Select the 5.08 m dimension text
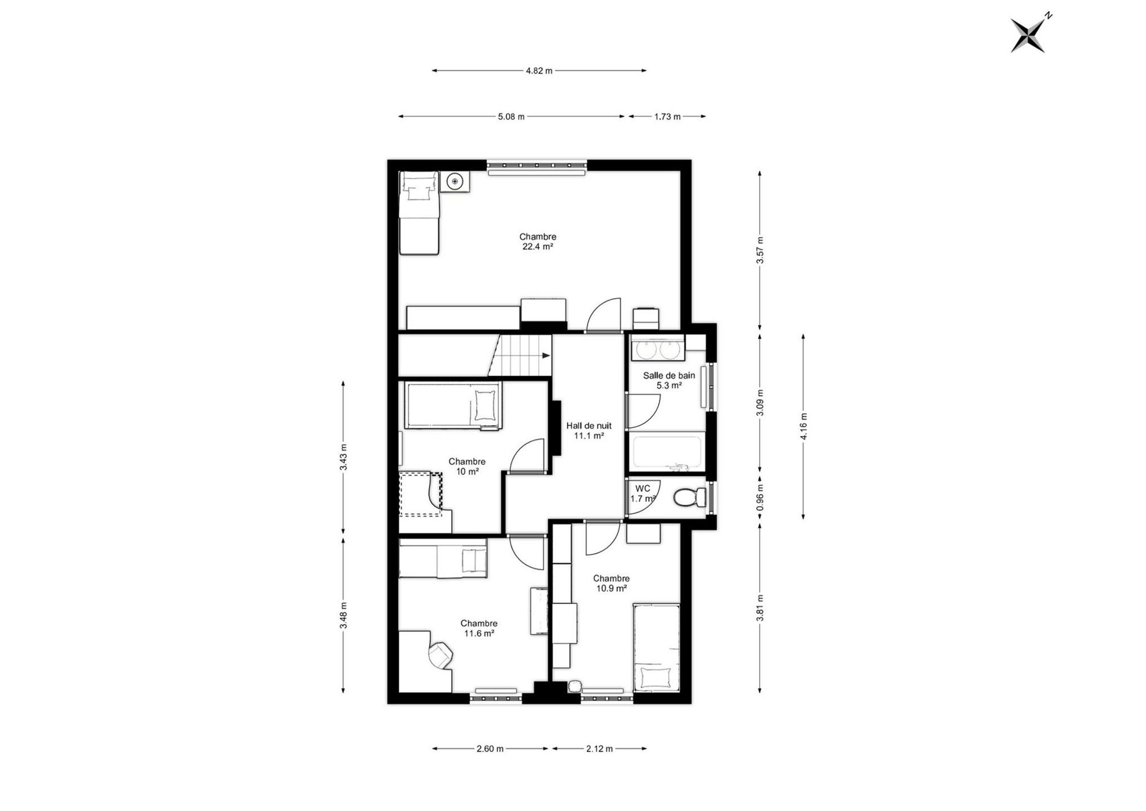pos(511,117)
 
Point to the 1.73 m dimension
pos(667,117)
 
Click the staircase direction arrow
pos(546,356)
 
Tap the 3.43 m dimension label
pos(343,457)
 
